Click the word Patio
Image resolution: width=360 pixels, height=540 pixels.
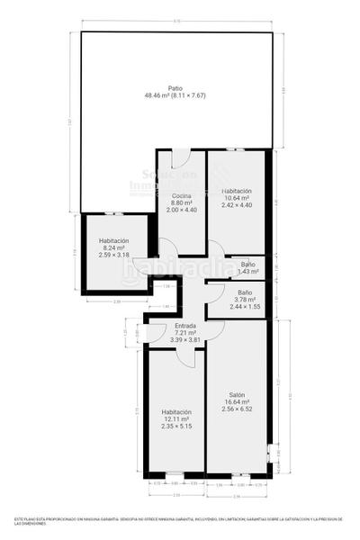point(175,87)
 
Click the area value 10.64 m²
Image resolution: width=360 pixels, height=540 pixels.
point(237,198)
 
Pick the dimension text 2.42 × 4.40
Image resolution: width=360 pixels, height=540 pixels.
point(237,205)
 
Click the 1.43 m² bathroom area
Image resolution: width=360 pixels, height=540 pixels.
point(247,271)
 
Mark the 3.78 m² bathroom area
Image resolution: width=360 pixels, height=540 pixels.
point(245,300)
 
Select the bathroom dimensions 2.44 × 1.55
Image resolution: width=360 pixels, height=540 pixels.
point(245,307)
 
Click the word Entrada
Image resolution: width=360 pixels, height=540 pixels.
point(185,325)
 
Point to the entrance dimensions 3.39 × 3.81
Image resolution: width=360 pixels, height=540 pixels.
point(185,339)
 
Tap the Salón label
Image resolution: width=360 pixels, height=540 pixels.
point(237,395)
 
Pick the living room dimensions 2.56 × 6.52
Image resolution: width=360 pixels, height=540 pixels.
point(237,409)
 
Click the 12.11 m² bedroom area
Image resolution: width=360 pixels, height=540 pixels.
point(176,418)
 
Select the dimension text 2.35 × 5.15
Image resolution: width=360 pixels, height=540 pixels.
point(176,426)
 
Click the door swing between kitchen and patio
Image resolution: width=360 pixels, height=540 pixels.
point(180,155)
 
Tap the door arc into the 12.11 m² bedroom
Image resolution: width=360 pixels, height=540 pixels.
point(187,356)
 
